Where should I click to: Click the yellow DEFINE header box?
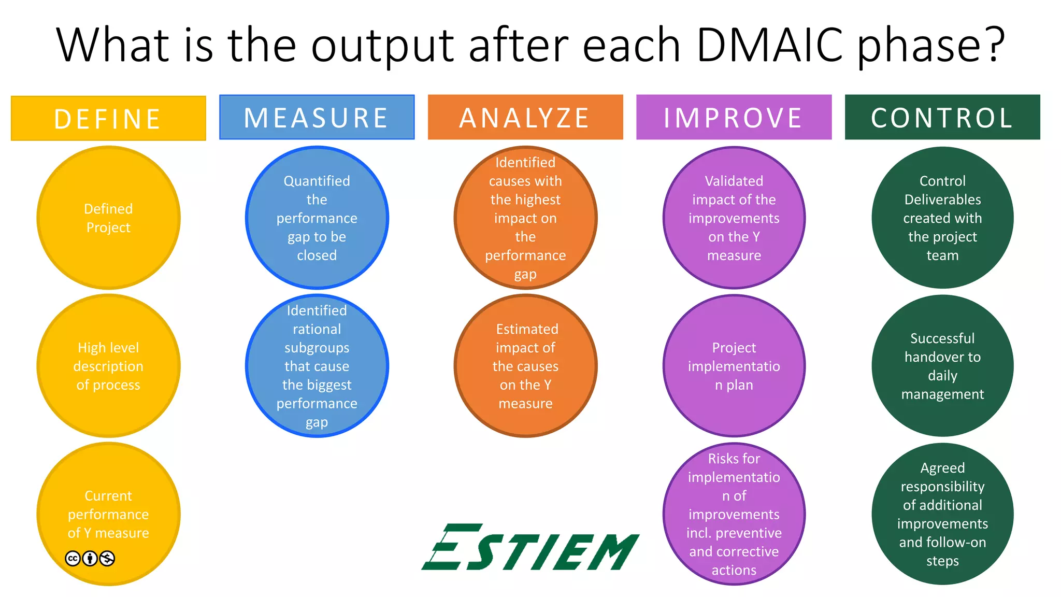point(108,118)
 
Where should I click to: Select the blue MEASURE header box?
point(317,117)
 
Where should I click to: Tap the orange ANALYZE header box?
point(525,117)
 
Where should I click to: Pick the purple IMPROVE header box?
point(734,117)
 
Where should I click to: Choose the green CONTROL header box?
point(942,117)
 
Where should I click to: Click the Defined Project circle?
point(108,218)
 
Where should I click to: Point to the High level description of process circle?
point(108,366)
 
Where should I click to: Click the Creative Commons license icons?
point(90,558)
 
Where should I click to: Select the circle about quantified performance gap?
point(317,218)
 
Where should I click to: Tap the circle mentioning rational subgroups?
point(317,366)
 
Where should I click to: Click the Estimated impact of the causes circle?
point(525,366)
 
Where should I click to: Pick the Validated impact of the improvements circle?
point(734,218)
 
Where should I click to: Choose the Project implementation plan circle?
point(734,366)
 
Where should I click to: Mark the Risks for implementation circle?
point(734,514)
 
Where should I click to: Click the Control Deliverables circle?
point(942,218)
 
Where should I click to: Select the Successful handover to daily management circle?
point(942,366)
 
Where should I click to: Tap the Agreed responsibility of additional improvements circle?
point(942,514)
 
